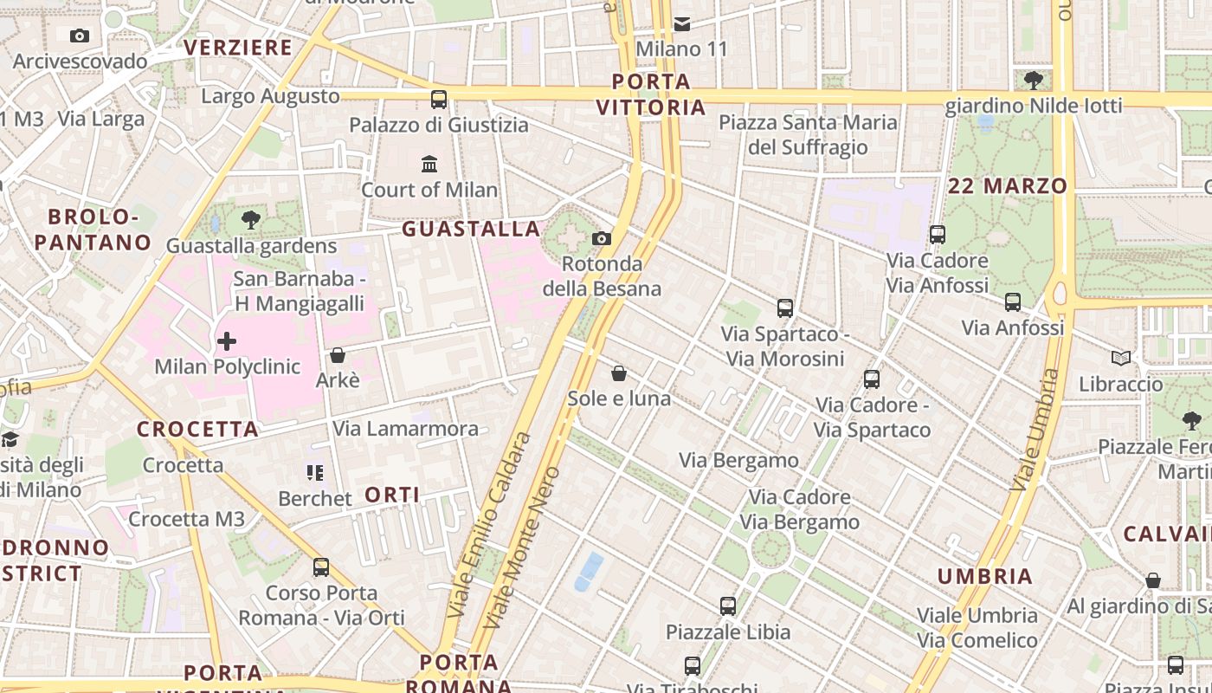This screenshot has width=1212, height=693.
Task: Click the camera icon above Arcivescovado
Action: (x=80, y=36)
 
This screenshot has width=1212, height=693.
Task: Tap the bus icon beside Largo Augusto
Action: (x=439, y=99)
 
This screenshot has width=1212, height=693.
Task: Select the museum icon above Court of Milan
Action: (x=429, y=164)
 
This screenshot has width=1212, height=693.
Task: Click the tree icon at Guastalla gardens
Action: (x=251, y=220)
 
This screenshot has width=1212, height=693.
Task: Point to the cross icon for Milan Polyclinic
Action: (x=227, y=341)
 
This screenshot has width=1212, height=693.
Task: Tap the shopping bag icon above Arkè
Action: (x=338, y=355)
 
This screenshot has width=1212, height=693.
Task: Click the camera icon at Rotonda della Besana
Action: (x=602, y=238)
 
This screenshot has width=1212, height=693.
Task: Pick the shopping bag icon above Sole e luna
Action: (x=619, y=373)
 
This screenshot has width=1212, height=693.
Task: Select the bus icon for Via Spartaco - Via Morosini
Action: (x=785, y=308)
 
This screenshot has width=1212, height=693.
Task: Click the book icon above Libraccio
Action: (x=1121, y=358)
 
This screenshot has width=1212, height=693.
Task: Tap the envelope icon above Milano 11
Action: (x=682, y=23)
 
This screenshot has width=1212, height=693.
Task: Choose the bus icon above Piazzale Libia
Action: (x=728, y=606)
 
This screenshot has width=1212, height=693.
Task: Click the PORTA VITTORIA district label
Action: (x=651, y=94)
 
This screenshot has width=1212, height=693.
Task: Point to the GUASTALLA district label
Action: (x=471, y=229)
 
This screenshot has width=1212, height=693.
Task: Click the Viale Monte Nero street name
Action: (x=523, y=548)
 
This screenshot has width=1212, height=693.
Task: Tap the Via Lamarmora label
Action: (x=406, y=429)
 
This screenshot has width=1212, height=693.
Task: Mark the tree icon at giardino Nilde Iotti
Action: (x=1033, y=81)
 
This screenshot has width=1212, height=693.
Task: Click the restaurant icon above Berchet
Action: (x=315, y=473)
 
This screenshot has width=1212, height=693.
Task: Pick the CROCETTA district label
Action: (x=197, y=429)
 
